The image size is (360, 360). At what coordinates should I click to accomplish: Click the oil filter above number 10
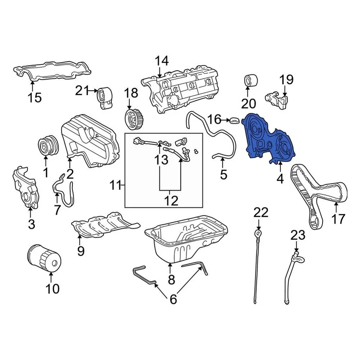[44, 258]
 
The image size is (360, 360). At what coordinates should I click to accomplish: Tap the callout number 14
[162, 61]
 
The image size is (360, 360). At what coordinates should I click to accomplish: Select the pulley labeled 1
[47, 146]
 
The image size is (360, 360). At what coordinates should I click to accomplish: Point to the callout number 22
[261, 213]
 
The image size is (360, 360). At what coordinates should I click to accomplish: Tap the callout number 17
[337, 218]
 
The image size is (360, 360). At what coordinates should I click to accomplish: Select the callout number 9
[81, 250]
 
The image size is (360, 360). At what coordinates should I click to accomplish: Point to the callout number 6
[173, 299]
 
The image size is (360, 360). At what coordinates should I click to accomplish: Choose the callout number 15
[34, 98]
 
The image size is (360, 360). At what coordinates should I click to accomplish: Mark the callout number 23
[298, 236]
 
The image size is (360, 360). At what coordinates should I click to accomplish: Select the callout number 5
[223, 174]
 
